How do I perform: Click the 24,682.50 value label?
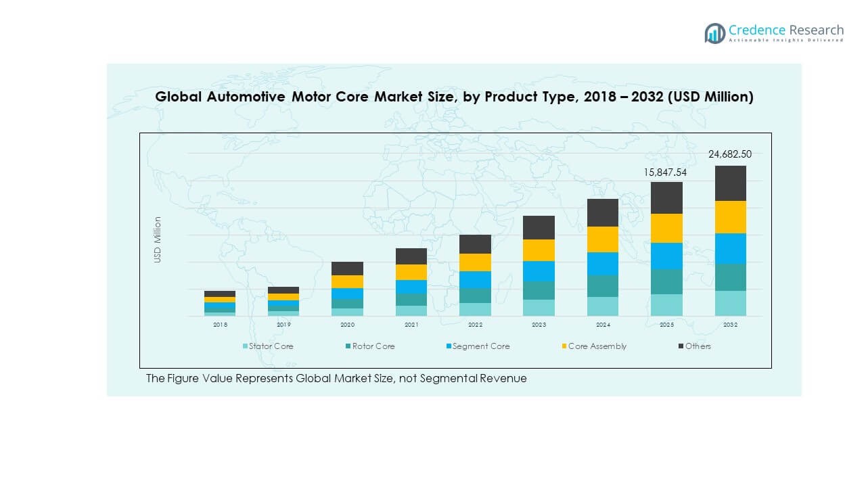[x=729, y=154]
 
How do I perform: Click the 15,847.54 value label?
[x=665, y=172]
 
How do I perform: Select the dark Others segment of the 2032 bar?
[x=730, y=183]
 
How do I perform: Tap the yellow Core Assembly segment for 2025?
[x=666, y=228]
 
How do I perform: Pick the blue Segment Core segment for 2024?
[x=602, y=264]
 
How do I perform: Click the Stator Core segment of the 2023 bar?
[x=539, y=308]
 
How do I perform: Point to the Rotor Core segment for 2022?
[x=475, y=296]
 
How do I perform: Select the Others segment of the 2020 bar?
[x=347, y=269]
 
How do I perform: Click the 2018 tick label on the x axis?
[x=220, y=325]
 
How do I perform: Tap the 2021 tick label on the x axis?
[x=411, y=325]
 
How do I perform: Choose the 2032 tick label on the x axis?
[x=730, y=325]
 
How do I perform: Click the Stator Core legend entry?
[x=269, y=346]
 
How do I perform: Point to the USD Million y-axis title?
[x=158, y=239]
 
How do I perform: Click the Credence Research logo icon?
[x=714, y=33]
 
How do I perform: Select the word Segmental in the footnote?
[x=449, y=379]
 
